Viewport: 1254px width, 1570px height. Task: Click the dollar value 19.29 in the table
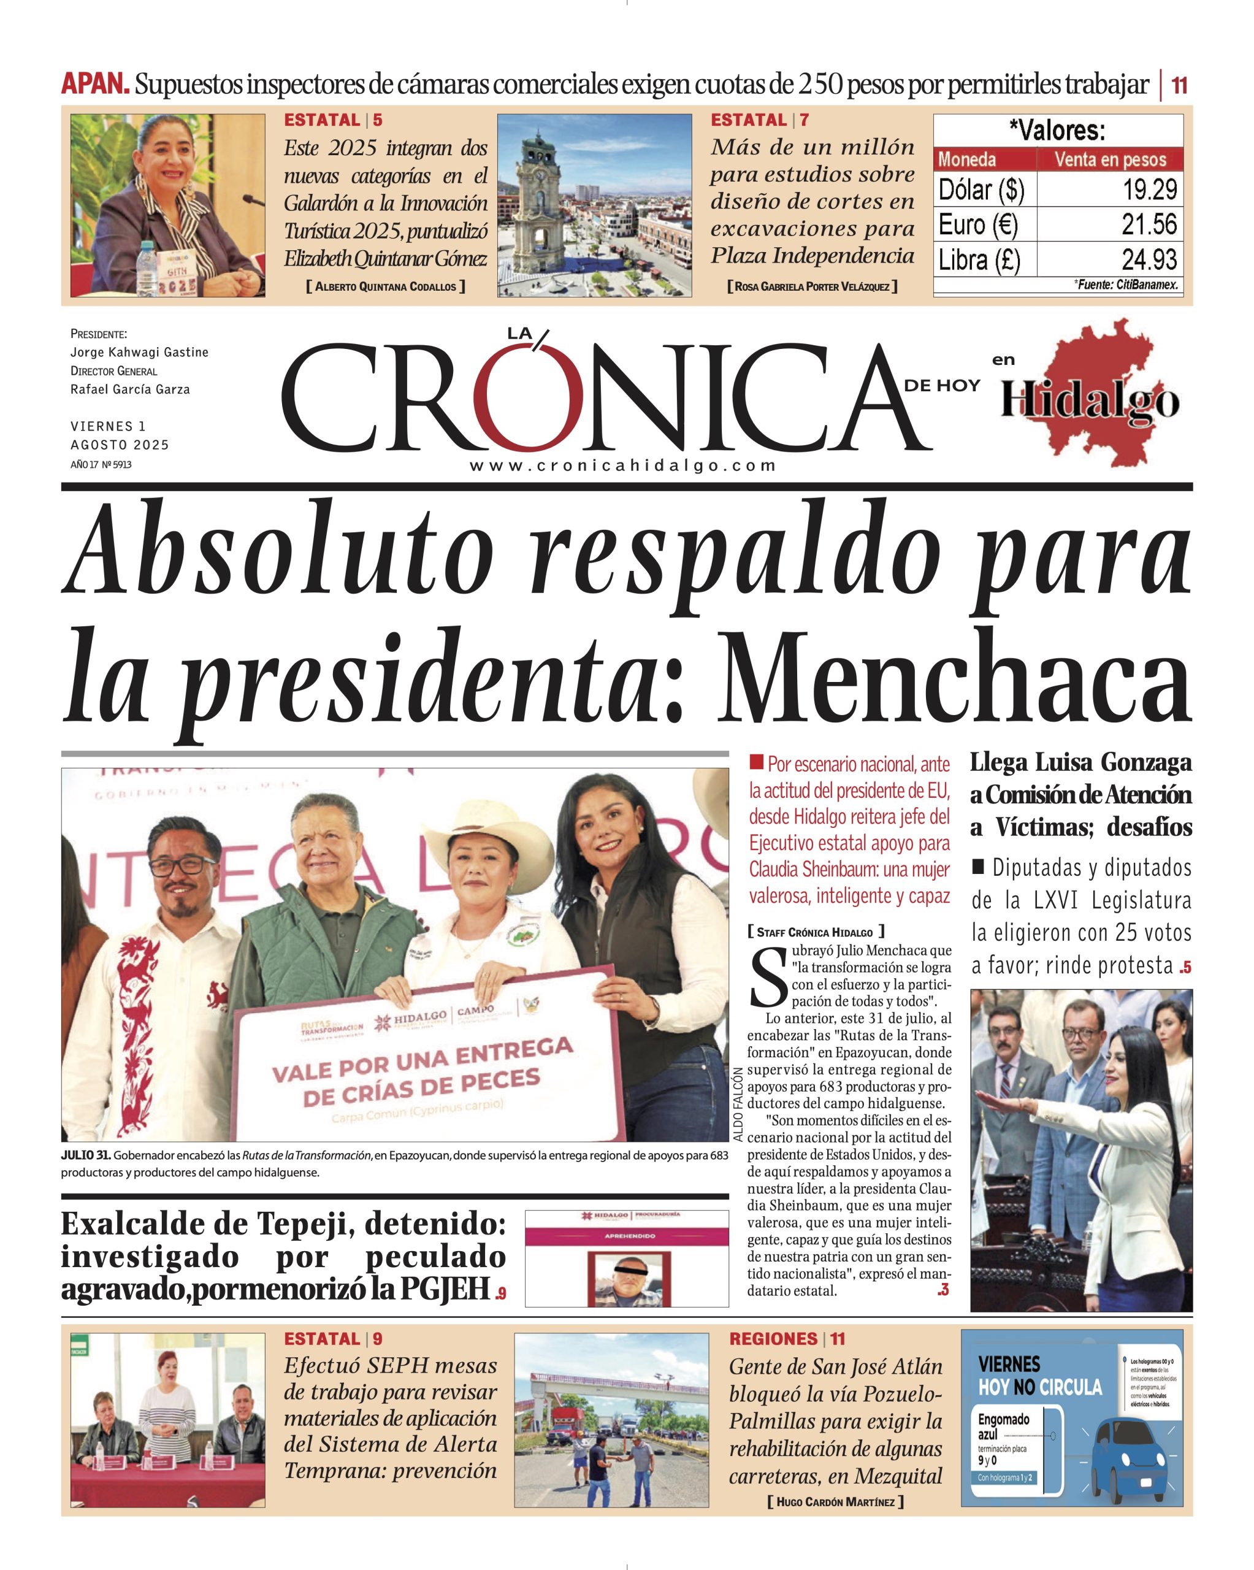tap(1149, 190)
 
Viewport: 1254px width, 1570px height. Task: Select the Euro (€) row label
tap(977, 224)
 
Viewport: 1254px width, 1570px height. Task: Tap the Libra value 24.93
tap(1149, 260)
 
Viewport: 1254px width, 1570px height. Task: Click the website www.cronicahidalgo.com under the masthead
tap(622, 466)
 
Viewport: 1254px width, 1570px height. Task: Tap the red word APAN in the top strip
tap(94, 85)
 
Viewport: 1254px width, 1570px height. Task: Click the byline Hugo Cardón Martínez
tap(835, 1501)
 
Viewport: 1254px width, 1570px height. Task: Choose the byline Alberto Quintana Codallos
tap(385, 287)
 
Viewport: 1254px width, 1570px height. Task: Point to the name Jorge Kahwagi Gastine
tap(139, 353)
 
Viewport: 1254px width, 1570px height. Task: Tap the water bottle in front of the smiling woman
tap(147, 267)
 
